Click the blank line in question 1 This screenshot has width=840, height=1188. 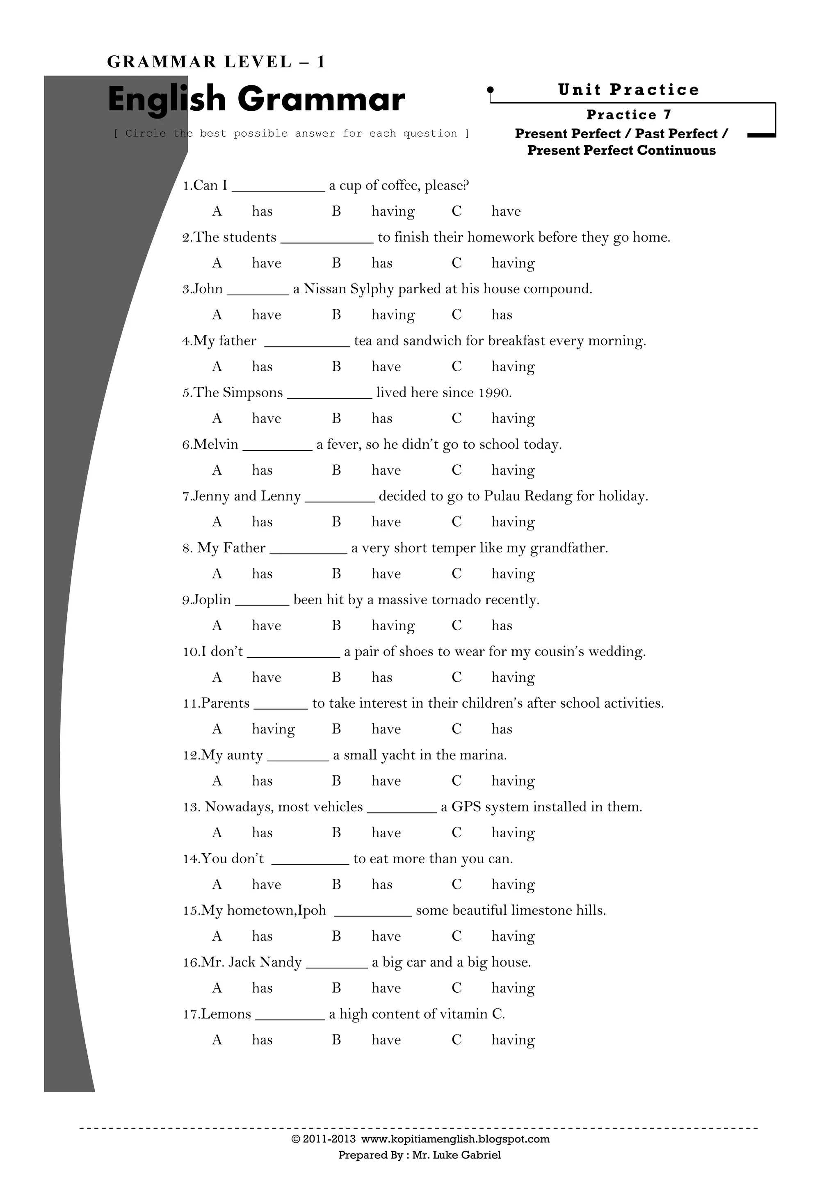(x=278, y=190)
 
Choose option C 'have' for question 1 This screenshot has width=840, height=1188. (x=505, y=212)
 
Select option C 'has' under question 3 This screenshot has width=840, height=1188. (x=501, y=315)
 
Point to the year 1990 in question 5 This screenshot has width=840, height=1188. (x=494, y=393)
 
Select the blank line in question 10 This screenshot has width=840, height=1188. (x=293, y=656)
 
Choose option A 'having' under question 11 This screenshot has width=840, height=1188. (x=273, y=729)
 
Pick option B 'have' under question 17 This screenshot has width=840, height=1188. (x=386, y=1040)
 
